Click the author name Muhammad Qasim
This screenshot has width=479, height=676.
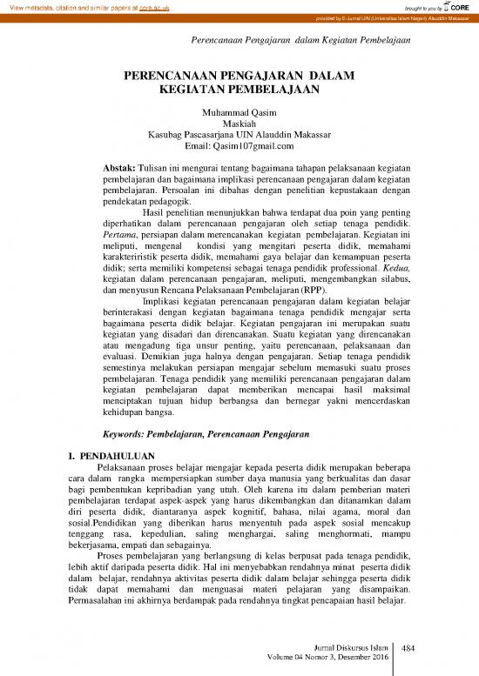point(239,113)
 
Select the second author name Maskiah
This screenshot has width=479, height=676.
point(239,124)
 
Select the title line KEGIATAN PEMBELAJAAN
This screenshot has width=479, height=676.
point(239,90)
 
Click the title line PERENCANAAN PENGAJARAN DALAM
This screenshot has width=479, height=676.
point(239,77)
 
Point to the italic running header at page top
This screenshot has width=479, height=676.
point(300,40)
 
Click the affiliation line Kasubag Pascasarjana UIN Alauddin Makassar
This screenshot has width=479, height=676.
point(239,135)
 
